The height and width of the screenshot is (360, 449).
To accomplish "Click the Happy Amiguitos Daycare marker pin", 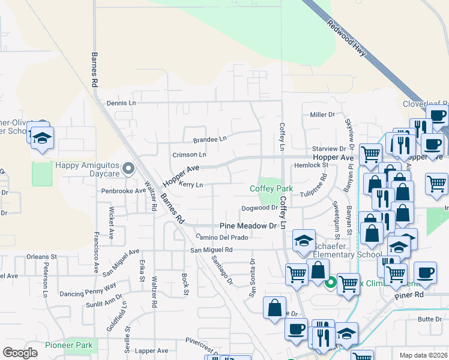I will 127,170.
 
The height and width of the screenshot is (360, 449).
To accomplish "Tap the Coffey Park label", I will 271,188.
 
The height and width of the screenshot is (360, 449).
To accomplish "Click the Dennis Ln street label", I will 121,103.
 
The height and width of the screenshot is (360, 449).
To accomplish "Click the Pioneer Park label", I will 69,345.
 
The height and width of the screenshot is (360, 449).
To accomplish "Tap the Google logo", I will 20,353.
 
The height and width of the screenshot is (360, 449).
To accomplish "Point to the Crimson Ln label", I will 189,154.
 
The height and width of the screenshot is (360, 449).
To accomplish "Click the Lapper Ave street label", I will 152,350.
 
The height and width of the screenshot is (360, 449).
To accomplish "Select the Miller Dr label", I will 322,115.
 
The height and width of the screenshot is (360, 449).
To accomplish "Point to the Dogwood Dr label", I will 259,208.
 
